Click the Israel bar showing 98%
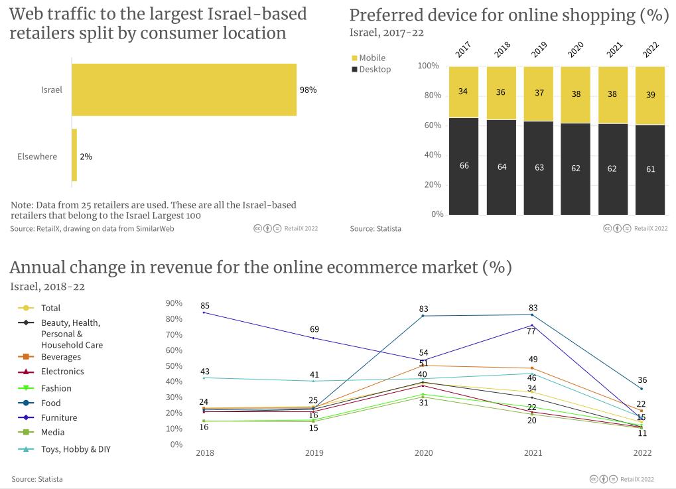pyautogui.click(x=184, y=90)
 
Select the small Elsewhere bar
pyautogui.click(x=74, y=155)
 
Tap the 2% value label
pyautogui.click(x=86, y=157)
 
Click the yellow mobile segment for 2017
pyautogui.click(x=464, y=92)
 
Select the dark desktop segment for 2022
pyautogui.click(x=650, y=169)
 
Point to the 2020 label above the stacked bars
pyautogui.click(x=576, y=49)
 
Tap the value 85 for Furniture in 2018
pyautogui.click(x=205, y=306)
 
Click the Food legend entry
pyautogui.click(x=50, y=403)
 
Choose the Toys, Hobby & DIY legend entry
pyautogui.click(x=76, y=449)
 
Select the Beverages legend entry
pyautogui.click(x=61, y=357)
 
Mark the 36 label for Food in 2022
pyautogui.click(x=642, y=380)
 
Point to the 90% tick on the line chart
pyautogui.click(x=174, y=303)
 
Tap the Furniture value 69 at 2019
pyautogui.click(x=314, y=329)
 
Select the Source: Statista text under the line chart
pyautogui.click(x=37, y=479)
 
